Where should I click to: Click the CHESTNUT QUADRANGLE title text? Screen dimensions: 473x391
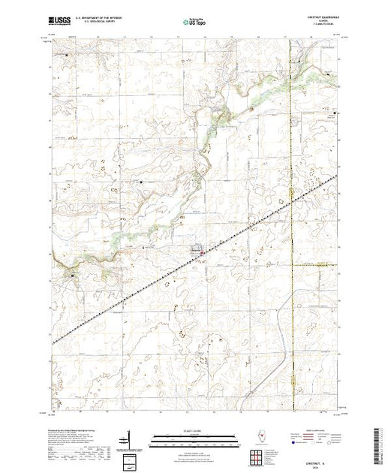pos(319,18)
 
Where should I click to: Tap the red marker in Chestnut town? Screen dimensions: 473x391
pos(201,253)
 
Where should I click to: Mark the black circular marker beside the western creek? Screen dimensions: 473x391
pos(72,276)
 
